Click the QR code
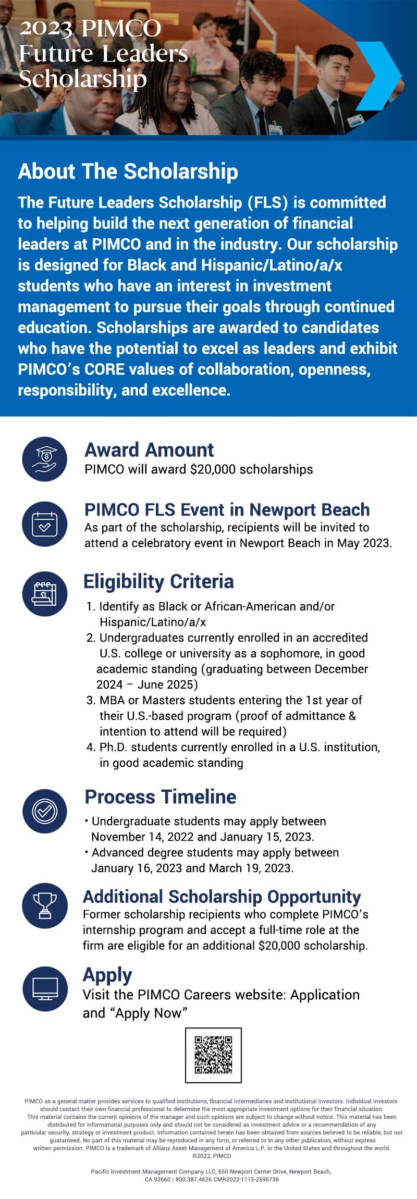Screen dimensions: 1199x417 pos(213,1055)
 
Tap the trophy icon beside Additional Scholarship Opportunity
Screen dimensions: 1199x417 pos(45,906)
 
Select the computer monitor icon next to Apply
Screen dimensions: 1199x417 pos(45,989)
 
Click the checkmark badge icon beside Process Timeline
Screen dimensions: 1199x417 pos(45,811)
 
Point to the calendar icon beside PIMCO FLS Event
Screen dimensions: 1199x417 pos(45,524)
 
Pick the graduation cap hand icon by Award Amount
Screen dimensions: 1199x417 pos(45,459)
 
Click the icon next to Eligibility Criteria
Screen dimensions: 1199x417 pos(45,594)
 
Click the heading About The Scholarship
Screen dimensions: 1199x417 pos(128,172)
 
